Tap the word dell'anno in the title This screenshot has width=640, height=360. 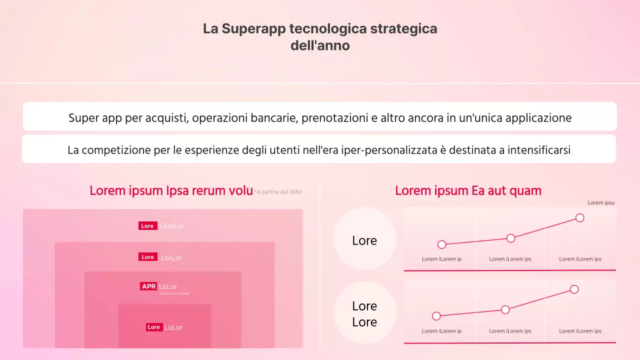click(320, 45)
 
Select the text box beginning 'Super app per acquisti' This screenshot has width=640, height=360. click(320, 118)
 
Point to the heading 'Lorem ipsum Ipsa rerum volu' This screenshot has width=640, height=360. click(171, 190)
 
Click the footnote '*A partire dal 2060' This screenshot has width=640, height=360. click(278, 192)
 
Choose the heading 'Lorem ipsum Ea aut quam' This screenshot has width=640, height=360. click(468, 190)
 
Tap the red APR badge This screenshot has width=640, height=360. click(148, 286)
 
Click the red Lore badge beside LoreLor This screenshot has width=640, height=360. click(147, 226)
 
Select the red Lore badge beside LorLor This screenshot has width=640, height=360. click(147, 257)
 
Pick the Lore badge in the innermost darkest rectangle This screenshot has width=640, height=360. click(154, 327)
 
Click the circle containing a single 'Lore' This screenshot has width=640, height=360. click(364, 240)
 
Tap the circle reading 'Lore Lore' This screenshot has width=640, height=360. click(364, 313)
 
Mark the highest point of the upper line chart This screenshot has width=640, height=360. click(579, 217)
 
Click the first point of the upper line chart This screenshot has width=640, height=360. click(441, 244)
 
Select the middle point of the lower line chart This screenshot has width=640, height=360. click(505, 309)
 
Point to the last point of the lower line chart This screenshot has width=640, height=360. click(574, 289)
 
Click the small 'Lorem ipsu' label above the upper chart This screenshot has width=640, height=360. click(601, 202)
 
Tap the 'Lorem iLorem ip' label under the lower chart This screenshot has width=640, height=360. click(441, 331)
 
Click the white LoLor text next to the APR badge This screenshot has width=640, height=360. click(168, 286)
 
